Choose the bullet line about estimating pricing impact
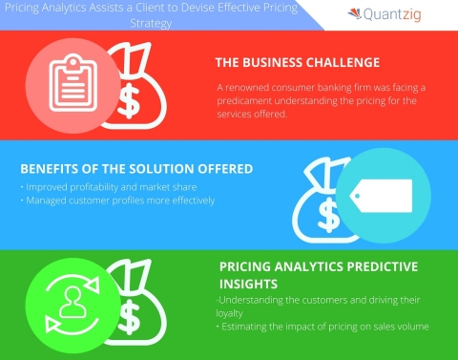(323, 328)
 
